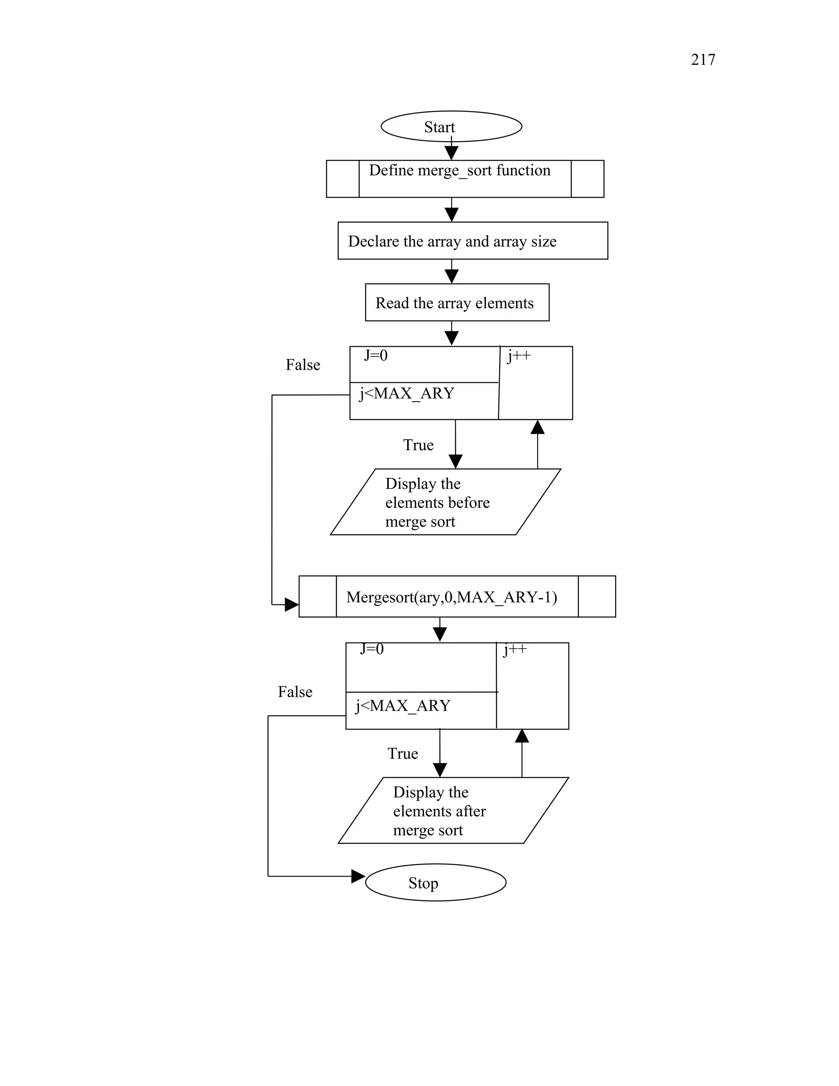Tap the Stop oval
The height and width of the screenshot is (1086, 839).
click(x=435, y=882)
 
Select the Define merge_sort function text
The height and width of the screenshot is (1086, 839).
click(x=459, y=170)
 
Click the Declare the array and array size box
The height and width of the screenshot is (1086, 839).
click(x=472, y=241)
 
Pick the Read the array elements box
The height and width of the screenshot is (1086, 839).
click(x=457, y=302)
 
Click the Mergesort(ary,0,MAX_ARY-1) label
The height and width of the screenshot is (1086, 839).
click(x=451, y=597)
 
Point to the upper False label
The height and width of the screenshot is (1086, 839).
click(x=302, y=365)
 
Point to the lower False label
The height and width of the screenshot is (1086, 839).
click(x=295, y=692)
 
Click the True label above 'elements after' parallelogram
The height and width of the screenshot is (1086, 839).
click(x=402, y=753)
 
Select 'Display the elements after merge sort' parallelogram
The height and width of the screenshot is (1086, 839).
click(x=452, y=811)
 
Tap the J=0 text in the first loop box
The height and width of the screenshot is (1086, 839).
click(x=376, y=356)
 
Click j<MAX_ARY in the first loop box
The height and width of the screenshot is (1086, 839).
click(x=406, y=393)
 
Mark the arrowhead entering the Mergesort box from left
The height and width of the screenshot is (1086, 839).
click(x=291, y=604)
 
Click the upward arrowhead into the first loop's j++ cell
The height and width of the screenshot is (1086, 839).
click(x=537, y=427)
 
